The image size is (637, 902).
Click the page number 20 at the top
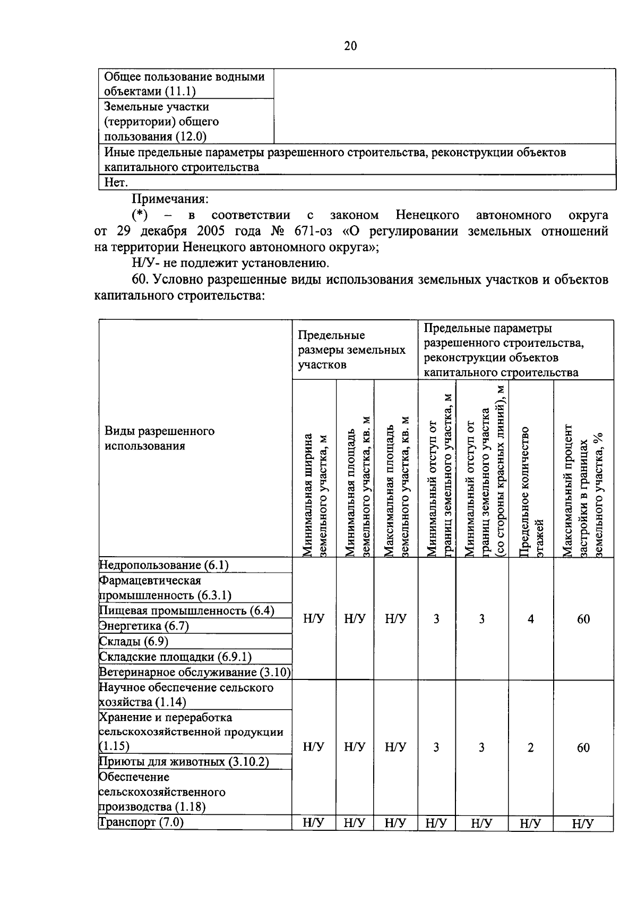point(350,46)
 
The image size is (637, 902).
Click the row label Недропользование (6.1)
point(164,565)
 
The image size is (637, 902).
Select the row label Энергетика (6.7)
point(144,626)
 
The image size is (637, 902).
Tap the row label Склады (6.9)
point(134,641)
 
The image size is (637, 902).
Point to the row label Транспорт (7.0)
point(142,823)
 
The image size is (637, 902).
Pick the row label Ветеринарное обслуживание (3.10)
point(195,673)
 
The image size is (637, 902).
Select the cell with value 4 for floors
point(530,619)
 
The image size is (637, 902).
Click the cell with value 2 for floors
point(530,747)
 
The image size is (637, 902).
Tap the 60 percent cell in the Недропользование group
point(583,619)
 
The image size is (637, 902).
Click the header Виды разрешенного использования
point(159,438)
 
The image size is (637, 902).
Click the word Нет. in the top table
point(116,183)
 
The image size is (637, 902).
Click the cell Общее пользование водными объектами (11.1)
point(184,84)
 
